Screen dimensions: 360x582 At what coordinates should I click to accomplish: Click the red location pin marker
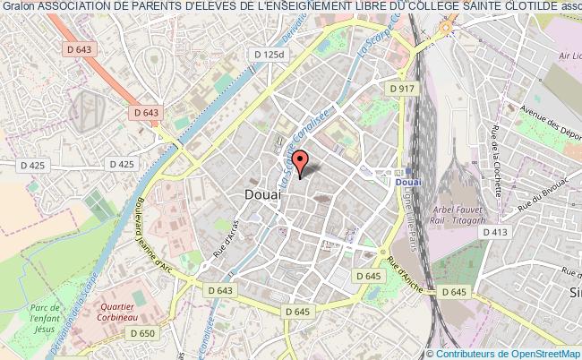pos(301,161)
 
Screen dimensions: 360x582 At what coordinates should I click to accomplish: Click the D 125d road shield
pos(269,55)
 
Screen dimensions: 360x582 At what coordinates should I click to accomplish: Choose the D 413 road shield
pos(495,233)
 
